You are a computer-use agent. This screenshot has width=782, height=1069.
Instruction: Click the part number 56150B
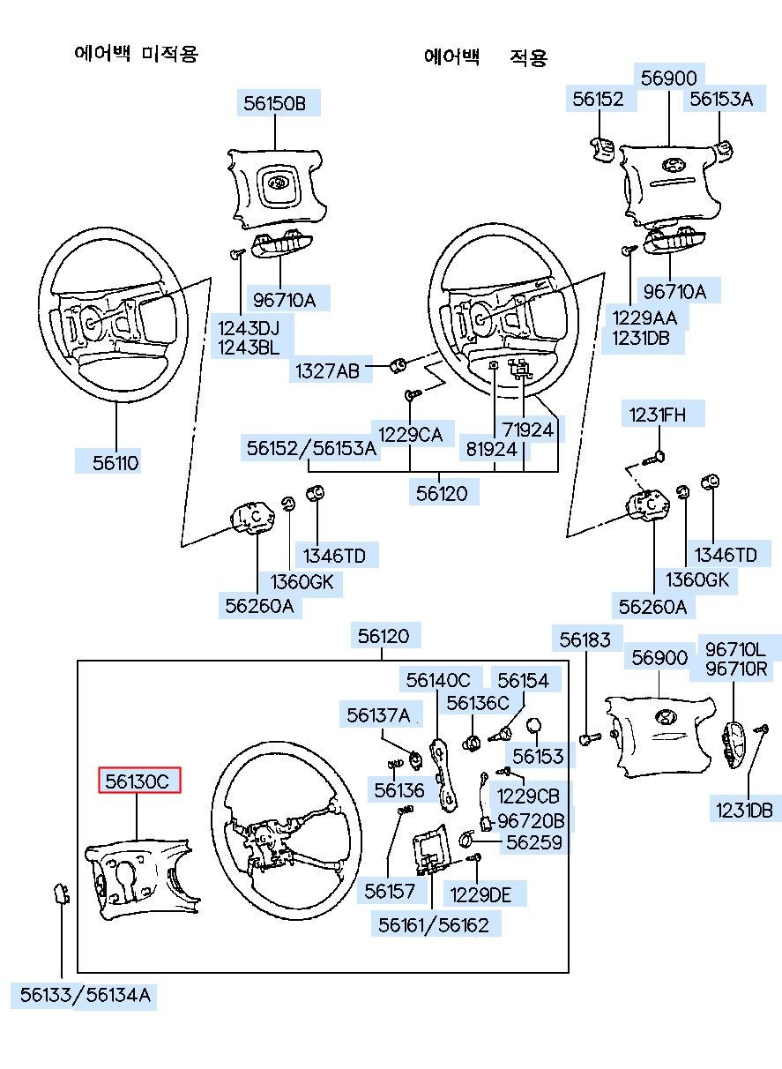pos(274,104)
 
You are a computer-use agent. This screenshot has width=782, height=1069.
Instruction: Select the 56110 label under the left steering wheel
pos(115,462)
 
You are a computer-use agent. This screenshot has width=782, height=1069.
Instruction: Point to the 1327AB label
pos(328,371)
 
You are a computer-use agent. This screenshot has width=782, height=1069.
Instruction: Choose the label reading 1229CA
pos(410,433)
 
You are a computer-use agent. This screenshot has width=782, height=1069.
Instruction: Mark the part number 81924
pos(491,448)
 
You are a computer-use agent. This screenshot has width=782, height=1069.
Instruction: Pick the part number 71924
pos(528,430)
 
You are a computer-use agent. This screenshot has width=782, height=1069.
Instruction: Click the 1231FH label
pos(655,414)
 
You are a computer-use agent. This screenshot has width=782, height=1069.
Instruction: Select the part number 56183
pos(585,639)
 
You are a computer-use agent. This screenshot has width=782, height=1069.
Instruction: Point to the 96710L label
pos(735,649)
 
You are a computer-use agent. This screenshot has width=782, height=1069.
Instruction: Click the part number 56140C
pos(438,680)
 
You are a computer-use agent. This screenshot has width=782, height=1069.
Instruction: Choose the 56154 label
pos(523,680)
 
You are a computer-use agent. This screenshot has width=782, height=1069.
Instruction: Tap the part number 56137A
pos(378,715)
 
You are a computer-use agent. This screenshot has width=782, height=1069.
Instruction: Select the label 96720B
pos(531,820)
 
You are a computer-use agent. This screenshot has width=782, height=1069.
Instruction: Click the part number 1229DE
pos(480,894)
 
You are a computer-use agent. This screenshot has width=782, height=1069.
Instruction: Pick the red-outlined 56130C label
pos(138,781)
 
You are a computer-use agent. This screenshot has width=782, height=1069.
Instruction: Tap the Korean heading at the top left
pos(137,53)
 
